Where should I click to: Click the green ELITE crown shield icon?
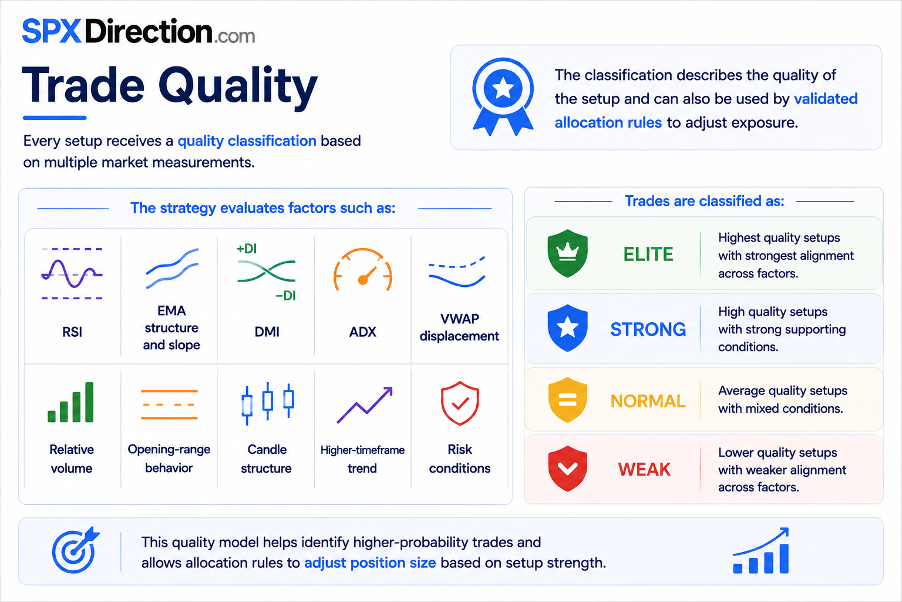pos(567,253)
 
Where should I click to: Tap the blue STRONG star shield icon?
pos(567,328)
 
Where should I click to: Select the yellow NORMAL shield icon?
pos(567,400)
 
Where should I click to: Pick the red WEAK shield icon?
pos(567,469)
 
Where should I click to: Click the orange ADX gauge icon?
pos(362,270)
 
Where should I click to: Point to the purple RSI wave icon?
pos(72,274)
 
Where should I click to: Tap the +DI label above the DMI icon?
pos(247,248)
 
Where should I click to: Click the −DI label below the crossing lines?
pos(285,296)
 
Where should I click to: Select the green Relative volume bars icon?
pos(70,402)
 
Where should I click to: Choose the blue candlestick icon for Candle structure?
pos(267,403)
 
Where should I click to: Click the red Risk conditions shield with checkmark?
pos(459,403)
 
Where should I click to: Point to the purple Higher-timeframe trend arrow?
pos(365,405)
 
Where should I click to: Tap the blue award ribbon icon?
pos(503,97)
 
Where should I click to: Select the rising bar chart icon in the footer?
pos(760,550)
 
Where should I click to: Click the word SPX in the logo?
pos(52,31)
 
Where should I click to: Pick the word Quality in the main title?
pos(238,86)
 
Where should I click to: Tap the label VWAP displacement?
pos(459,327)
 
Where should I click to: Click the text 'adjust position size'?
pos(370,563)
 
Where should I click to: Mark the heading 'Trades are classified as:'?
pos(704,201)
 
